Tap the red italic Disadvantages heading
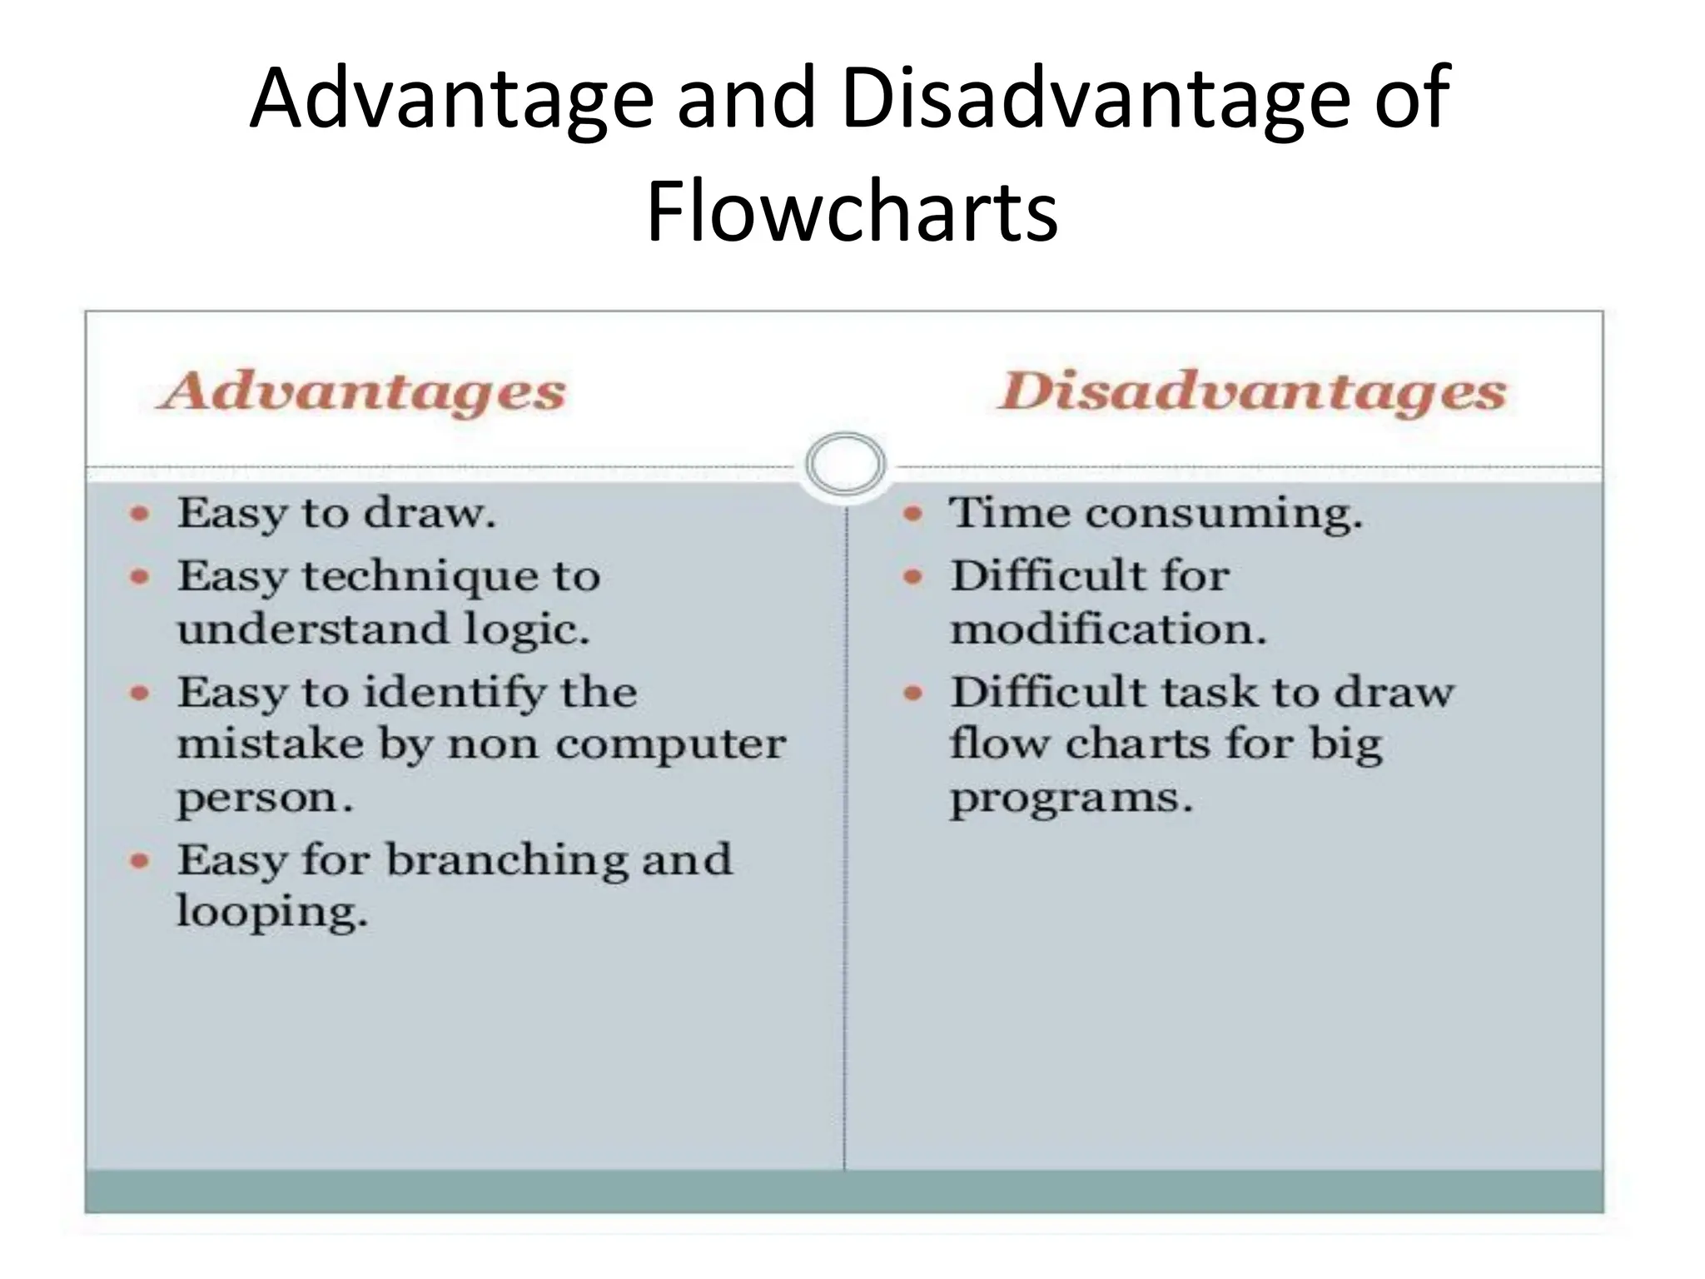[1252, 391]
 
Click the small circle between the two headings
[845, 464]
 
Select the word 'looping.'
[271, 912]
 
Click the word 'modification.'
[1108, 629]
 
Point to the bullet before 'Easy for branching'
[140, 860]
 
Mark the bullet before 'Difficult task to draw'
[913, 693]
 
